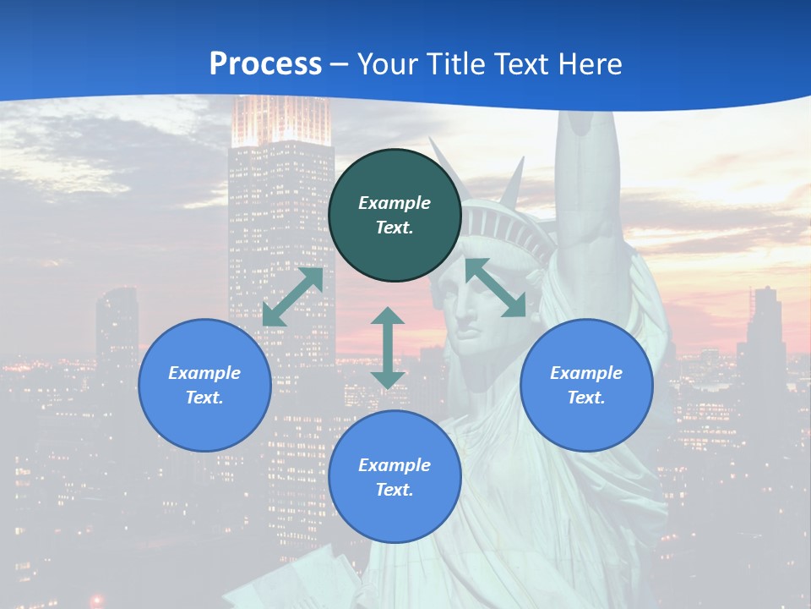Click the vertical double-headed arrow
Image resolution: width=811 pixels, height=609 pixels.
coord(388,348)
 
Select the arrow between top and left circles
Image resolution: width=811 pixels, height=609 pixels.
coord(293,297)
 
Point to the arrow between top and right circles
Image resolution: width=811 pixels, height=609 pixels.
coord(495,288)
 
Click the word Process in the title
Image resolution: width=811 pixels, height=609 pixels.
coord(265,63)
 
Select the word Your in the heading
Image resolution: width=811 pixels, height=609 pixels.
coord(386,63)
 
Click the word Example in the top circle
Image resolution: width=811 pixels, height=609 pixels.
coord(395,203)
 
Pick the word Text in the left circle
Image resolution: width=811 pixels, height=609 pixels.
coord(204,398)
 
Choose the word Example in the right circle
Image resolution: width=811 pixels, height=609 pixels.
coord(586,373)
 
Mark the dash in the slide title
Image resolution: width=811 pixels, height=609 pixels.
coord(340,64)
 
